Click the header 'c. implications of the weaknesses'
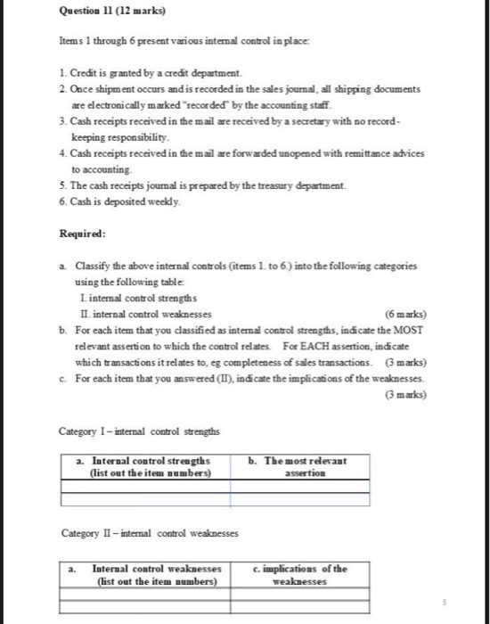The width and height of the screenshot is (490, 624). [x=302, y=574]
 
